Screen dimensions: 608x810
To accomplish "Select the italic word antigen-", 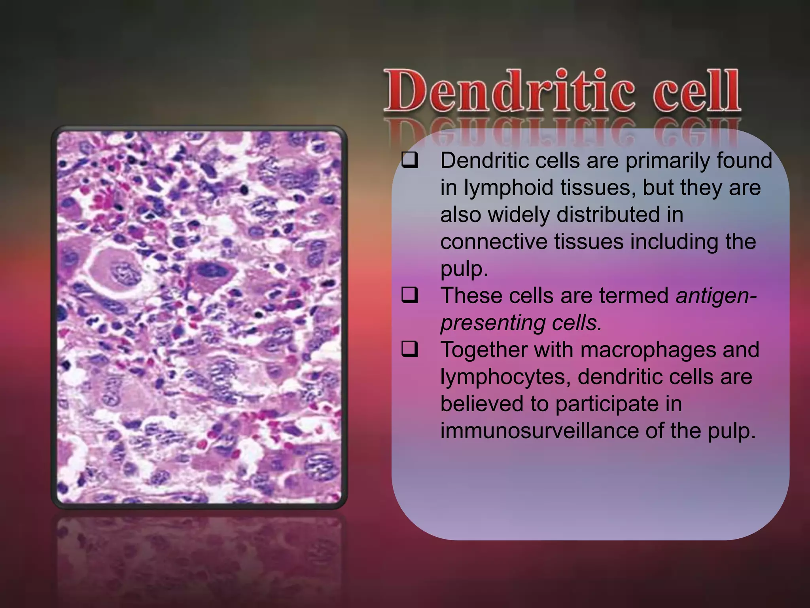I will (716, 296).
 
